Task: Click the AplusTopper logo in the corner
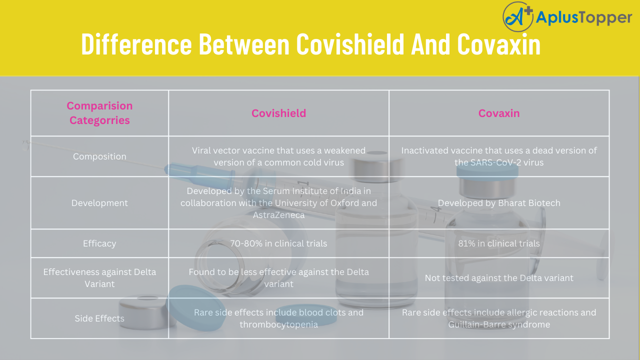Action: coord(567,17)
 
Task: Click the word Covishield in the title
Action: coord(350,45)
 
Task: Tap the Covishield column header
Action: coord(278,113)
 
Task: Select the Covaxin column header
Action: coord(499,113)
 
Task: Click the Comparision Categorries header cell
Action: coord(99,113)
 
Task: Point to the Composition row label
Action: coord(99,156)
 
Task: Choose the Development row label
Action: coord(99,203)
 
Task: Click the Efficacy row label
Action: coord(99,243)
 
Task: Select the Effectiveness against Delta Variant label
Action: coord(99,278)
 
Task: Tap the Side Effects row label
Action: coord(99,318)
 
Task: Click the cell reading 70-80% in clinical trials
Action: coord(278,243)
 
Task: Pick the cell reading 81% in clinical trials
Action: coord(499,243)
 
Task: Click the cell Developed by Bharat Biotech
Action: coord(499,203)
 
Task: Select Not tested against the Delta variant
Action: coord(499,278)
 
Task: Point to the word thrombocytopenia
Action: coord(278,324)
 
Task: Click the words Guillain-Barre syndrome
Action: coord(499,324)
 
